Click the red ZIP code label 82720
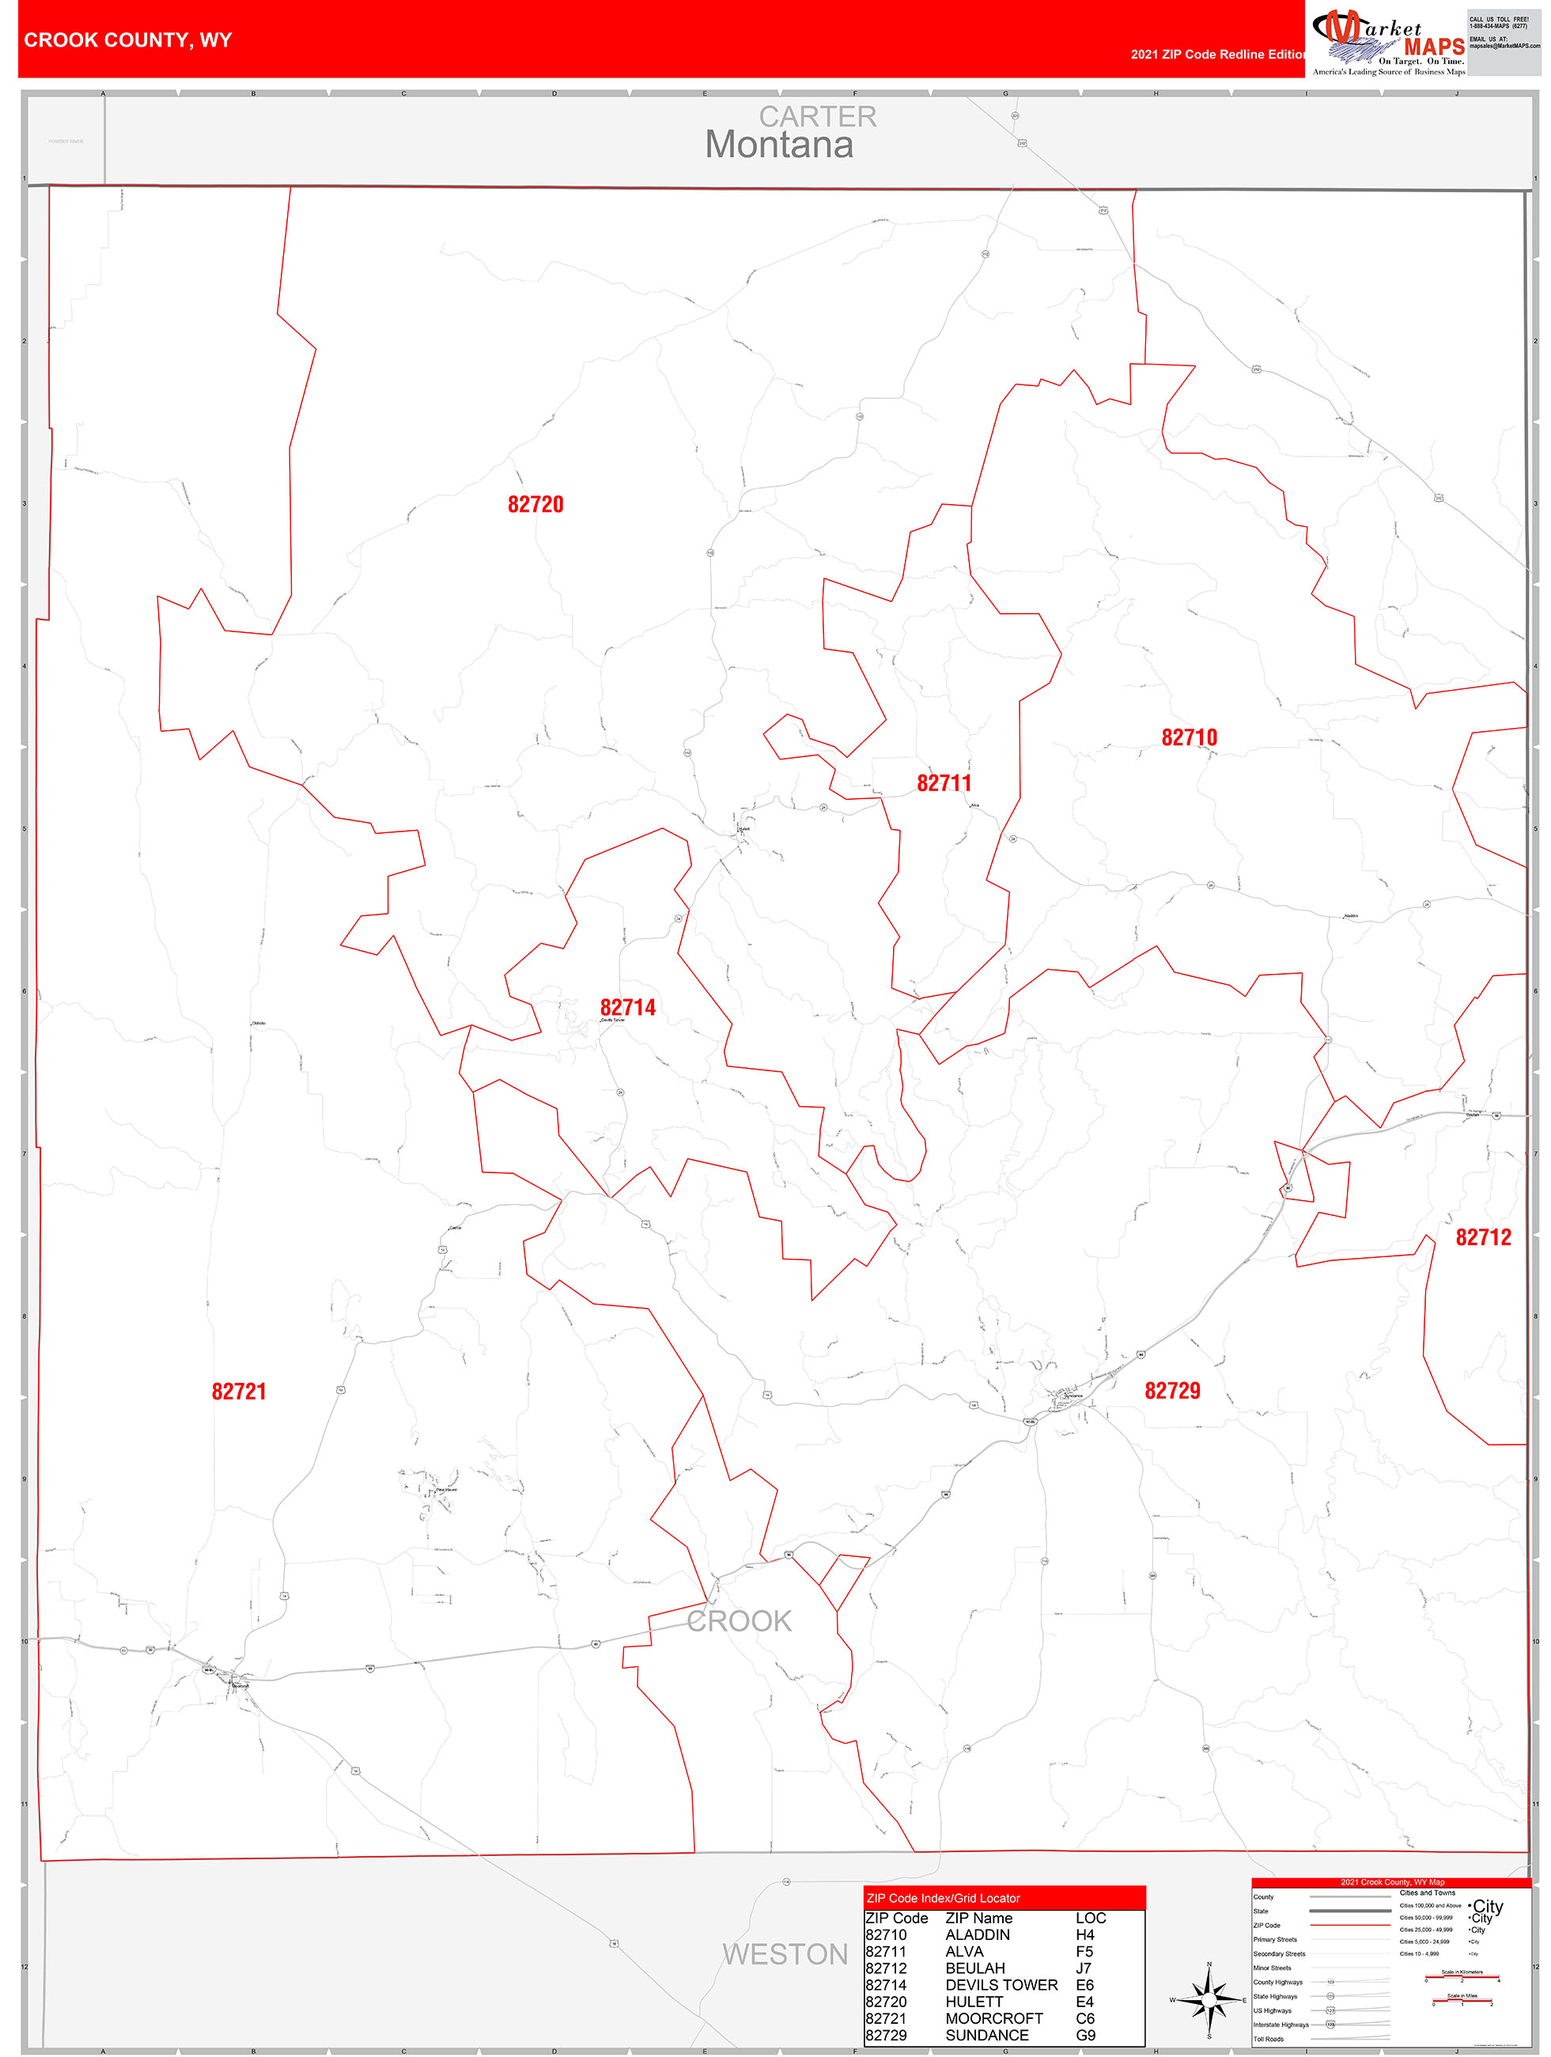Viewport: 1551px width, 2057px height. [x=535, y=504]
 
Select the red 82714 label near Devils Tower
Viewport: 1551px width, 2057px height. [x=628, y=1007]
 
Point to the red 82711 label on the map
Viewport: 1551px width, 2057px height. [x=944, y=783]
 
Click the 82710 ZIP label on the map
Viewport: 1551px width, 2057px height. [x=1188, y=737]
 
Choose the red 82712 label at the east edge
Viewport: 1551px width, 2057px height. [x=1483, y=1237]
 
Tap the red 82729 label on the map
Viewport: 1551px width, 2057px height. [x=1171, y=1390]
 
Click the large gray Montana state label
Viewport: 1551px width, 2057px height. [x=778, y=145]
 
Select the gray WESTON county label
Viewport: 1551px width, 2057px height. [x=785, y=1955]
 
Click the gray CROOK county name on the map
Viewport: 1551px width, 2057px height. [x=740, y=1621]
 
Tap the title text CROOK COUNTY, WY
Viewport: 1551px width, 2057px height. [x=127, y=40]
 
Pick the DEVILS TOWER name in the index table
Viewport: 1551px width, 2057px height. [x=1001, y=1984]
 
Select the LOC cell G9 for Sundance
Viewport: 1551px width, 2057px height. [x=1084, y=2035]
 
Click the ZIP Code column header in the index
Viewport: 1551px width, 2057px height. [x=896, y=1918]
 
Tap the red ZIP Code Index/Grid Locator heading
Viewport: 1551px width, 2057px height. [x=943, y=1898]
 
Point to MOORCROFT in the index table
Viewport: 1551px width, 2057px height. [x=994, y=2018]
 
